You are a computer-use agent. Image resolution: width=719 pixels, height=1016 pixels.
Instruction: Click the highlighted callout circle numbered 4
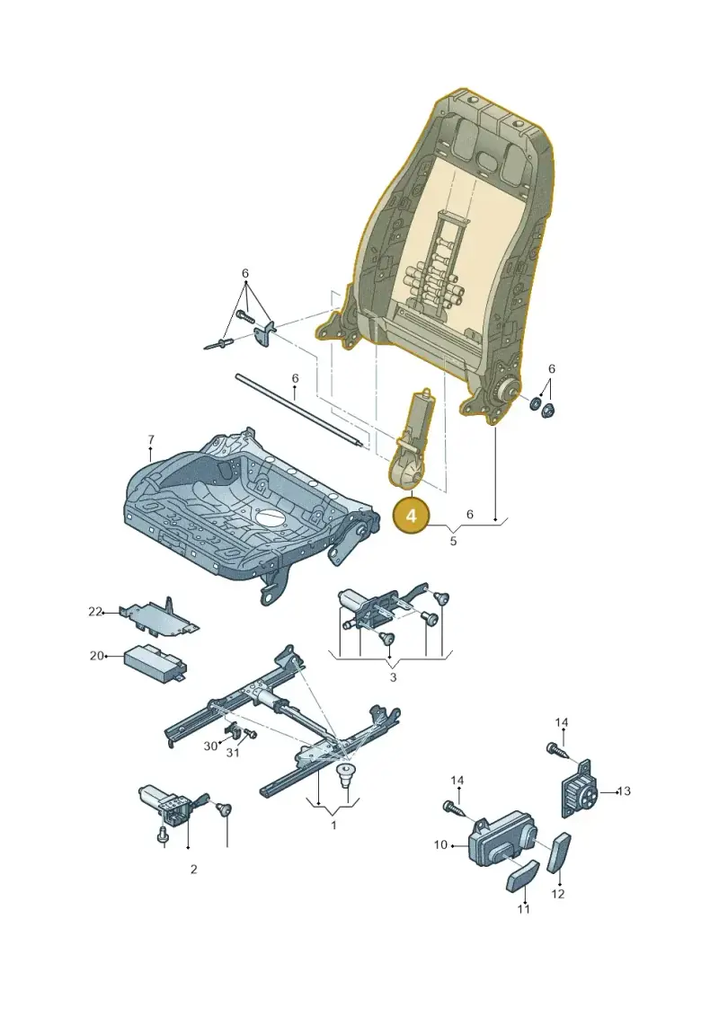411,517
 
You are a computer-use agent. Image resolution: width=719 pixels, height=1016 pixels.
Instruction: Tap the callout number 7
150,440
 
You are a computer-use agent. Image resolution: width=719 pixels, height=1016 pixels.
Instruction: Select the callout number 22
95,612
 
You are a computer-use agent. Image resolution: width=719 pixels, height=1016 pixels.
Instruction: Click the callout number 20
96,656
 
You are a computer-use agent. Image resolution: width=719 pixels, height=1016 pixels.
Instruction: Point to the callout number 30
210,747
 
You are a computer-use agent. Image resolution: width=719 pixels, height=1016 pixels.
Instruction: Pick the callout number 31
233,753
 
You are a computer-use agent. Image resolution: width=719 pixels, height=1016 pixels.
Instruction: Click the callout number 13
624,791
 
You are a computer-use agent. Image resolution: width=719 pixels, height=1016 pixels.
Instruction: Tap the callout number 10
440,845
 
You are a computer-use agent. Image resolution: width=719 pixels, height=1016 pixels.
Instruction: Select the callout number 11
524,908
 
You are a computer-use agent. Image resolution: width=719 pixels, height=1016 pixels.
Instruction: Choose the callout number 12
558,894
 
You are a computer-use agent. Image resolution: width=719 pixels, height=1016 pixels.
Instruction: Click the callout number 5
453,541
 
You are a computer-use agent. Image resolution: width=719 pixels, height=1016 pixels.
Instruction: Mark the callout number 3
393,677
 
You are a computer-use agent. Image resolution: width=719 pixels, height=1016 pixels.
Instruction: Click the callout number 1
334,826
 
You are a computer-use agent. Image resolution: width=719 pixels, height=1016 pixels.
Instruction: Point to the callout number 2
194,870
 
